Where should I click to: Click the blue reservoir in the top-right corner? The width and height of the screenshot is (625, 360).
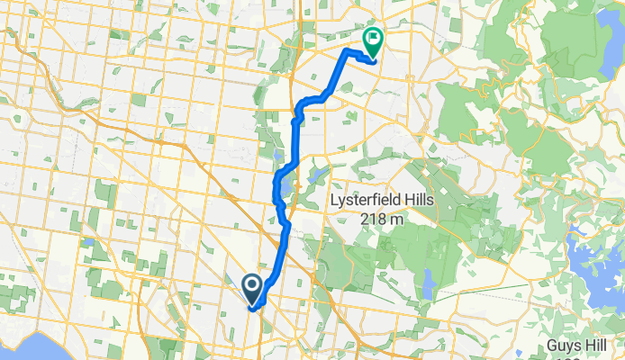608,36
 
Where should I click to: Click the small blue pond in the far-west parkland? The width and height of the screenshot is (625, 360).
87,241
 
